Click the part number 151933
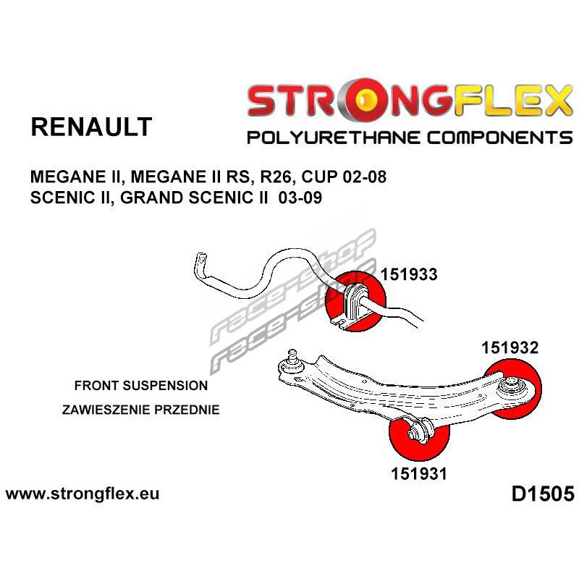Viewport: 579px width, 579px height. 408,274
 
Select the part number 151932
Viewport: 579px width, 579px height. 510,348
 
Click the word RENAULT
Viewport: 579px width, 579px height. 91,127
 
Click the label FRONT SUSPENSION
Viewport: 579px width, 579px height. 140,385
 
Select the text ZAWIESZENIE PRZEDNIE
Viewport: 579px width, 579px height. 140,409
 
